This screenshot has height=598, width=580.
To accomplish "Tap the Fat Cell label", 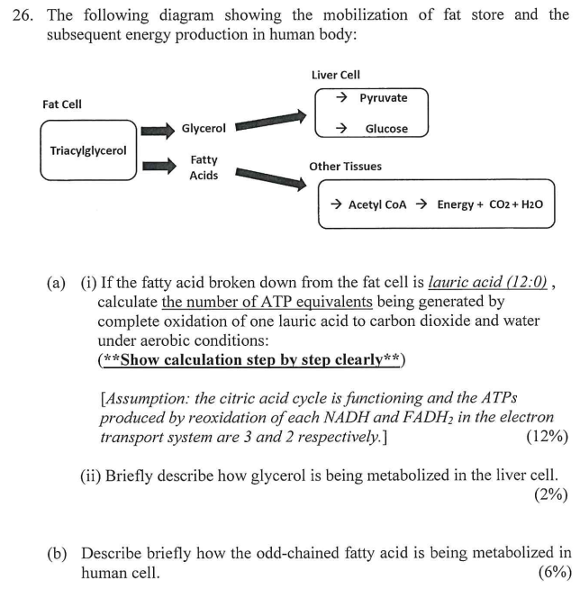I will click(x=62, y=104).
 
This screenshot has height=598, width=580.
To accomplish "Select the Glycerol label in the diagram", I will click(x=204, y=129).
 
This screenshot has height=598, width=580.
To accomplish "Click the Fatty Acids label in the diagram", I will click(x=204, y=168).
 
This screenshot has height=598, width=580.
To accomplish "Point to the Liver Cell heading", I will click(x=335, y=75).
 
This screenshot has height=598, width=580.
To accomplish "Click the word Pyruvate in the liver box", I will click(x=383, y=98).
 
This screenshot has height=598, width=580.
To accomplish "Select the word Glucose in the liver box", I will click(x=385, y=129).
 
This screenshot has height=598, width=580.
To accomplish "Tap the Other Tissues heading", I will click(x=345, y=167).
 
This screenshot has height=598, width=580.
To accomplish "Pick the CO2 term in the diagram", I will click(x=498, y=204).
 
